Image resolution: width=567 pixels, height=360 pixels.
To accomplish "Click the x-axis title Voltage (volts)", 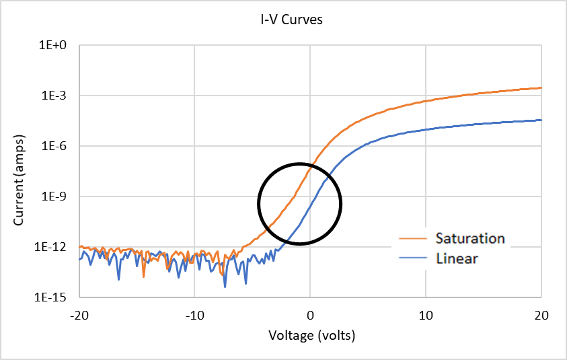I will [311, 335].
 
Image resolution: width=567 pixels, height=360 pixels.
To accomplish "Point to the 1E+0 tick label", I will [56, 46].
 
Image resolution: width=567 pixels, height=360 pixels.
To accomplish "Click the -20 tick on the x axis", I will [79, 314].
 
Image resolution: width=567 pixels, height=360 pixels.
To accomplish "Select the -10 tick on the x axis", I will [194, 314].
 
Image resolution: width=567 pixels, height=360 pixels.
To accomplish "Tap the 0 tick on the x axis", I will [310, 314].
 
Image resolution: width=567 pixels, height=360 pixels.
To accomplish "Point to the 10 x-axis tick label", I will [426, 314].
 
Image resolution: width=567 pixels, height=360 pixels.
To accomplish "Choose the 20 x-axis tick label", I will [541, 314].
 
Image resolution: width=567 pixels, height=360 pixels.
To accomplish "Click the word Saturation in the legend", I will [469, 238].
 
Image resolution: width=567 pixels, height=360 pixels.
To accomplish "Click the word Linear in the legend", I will [457, 258].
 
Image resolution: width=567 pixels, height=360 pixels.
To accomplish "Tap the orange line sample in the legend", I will [414, 239].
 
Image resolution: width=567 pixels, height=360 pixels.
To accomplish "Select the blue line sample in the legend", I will [414, 258].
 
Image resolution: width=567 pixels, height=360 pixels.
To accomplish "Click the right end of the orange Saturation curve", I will [541, 87].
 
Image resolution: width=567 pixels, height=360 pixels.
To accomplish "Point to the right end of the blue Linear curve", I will [541, 120].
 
